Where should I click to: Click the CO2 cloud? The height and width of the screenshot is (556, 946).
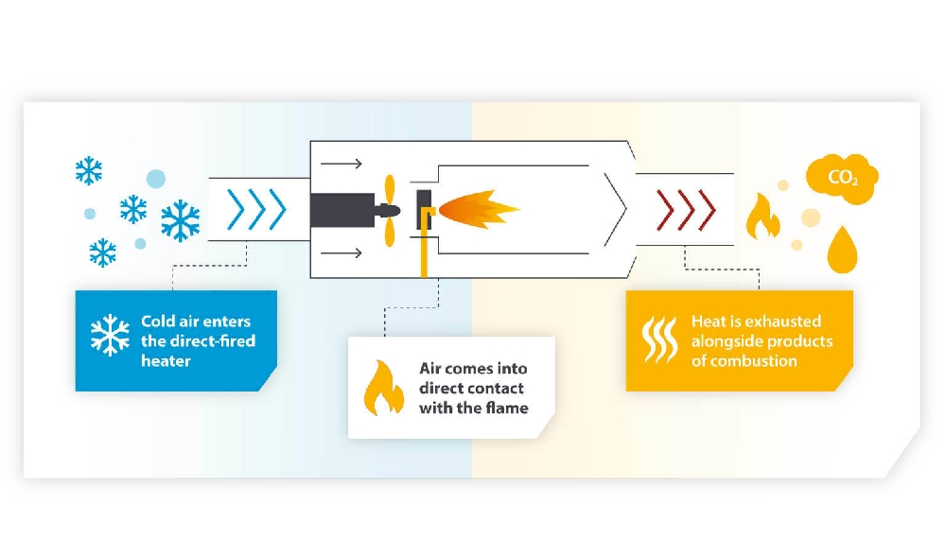[x=841, y=177]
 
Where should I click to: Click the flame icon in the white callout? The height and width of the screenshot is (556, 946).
[x=383, y=388]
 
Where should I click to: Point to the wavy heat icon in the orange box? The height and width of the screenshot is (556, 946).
[x=660, y=340]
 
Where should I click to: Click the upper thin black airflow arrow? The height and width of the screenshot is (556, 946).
[x=341, y=164]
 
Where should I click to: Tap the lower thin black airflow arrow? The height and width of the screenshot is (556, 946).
[x=341, y=252]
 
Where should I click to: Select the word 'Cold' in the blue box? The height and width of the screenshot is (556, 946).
[x=160, y=321]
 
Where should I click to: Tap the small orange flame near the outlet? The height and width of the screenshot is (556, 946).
[x=762, y=217]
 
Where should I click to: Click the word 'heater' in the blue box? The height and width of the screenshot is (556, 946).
[x=166, y=360]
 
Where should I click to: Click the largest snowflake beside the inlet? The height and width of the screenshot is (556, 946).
[x=179, y=220]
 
